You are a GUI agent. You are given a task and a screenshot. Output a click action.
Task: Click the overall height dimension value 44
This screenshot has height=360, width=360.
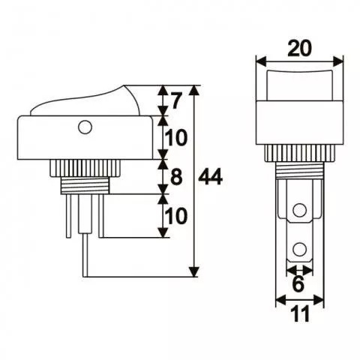tap(213, 178)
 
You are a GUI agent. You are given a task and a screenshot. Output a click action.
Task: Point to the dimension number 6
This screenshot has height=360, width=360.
tap(299, 286)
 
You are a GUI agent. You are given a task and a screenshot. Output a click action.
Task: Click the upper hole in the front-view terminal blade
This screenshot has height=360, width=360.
tap(300, 211)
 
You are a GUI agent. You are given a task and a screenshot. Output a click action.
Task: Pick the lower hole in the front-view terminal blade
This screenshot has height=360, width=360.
tap(300, 248)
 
